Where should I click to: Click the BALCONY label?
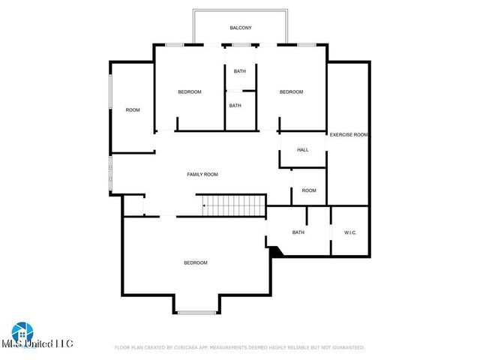coord(241,28)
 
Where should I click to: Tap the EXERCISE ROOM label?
coord(349,134)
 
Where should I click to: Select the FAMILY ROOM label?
coord(202,174)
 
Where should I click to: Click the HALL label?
coord(303,150)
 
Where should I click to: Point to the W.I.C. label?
coord(350,232)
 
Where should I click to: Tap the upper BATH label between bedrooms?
coord(239,71)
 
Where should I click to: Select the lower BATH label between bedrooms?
coord(235,106)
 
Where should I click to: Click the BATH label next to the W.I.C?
coord(298,232)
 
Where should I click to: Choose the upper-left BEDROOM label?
coord(190,91)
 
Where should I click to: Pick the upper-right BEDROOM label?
coord(291,91)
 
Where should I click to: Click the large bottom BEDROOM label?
coord(196,262)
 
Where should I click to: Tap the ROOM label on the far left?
coord(133,110)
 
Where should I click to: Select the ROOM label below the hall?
coord(309,190)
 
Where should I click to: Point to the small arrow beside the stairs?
coord(204,205)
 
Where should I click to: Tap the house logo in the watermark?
coord(20,331)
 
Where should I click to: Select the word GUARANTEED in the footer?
coord(346,347)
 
